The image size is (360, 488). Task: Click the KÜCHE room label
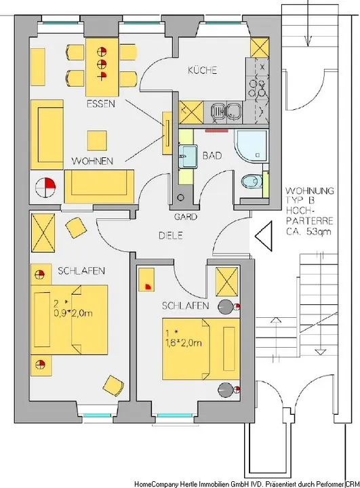pos(203,70)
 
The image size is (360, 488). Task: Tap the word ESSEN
pos(100,104)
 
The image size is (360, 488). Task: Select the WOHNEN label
pos(92,161)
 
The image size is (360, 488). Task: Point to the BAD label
pos(212,155)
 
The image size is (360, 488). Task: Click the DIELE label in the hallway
pos(171,235)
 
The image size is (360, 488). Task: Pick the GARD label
pos(185,217)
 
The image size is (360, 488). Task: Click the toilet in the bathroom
pos(252,181)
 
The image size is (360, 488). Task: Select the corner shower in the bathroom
pos(251,146)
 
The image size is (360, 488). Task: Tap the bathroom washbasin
pos(188,157)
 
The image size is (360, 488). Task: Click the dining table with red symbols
pos(102,67)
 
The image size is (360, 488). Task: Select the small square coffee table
pos(97,141)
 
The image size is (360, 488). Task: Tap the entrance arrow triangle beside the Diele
pos(264,236)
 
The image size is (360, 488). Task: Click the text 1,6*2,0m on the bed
pos(184,343)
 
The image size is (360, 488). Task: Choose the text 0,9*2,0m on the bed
pos(73,313)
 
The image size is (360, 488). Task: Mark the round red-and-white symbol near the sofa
pos(45,187)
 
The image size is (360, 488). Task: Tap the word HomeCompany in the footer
pos(157,484)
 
